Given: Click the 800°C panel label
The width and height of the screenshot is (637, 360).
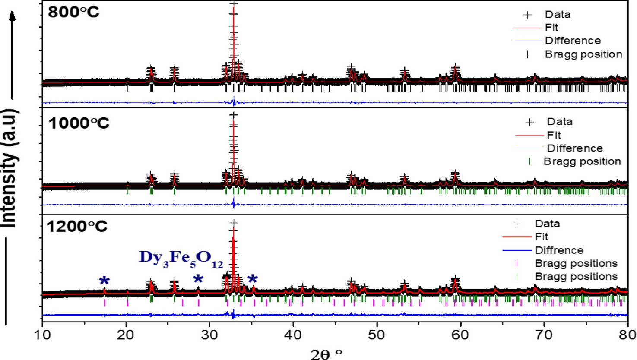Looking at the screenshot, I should [x=73, y=12].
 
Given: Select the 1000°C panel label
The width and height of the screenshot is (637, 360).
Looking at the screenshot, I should [x=79, y=123].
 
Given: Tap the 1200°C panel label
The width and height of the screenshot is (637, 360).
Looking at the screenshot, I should [x=77, y=226].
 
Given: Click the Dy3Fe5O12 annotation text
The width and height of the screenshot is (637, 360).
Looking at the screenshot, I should [x=181, y=258].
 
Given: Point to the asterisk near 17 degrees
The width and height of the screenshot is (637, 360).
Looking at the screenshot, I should [x=104, y=281].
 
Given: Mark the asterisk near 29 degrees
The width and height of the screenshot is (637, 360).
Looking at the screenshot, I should [x=198, y=279].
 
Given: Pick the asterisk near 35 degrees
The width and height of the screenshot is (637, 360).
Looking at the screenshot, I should [x=253, y=279].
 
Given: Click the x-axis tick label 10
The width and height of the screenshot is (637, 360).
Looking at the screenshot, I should [x=42, y=335].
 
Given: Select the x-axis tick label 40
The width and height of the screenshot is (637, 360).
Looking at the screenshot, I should [x=293, y=335].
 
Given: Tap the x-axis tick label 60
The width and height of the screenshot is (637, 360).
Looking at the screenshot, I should [x=460, y=335].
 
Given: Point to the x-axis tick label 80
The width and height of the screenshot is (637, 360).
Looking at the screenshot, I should [x=627, y=335].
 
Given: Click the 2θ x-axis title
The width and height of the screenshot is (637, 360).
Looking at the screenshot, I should [x=326, y=354].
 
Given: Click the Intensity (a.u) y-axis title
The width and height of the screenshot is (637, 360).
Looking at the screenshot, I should [x=10, y=168].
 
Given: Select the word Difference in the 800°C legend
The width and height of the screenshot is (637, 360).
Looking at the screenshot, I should [x=573, y=41].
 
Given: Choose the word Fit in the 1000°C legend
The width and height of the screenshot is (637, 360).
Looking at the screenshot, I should [x=554, y=135].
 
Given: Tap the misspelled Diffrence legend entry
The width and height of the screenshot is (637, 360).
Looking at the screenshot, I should [x=559, y=250].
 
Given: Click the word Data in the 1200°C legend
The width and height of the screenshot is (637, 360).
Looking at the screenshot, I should [x=547, y=224].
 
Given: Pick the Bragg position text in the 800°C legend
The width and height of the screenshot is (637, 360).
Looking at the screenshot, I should [x=583, y=54].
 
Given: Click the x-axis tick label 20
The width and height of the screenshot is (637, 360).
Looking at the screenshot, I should [x=126, y=335].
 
